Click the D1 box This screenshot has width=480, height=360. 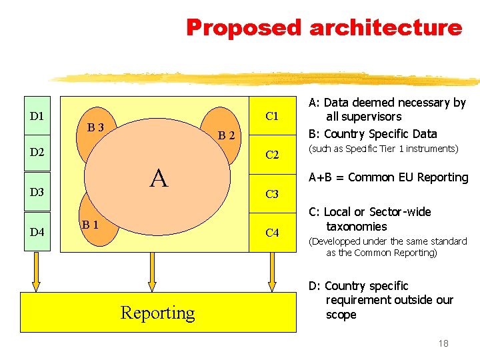pos(37,117)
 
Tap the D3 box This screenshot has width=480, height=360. pos(37,193)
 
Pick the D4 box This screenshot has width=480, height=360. pos(37,232)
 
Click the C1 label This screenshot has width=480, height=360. pos(272,117)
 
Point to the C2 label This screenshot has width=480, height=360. pos(272,155)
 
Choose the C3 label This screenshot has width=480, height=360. pos(272,195)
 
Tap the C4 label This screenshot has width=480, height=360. pos(272,233)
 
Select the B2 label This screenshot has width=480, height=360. pos(227,137)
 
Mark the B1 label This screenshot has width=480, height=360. pos(91,225)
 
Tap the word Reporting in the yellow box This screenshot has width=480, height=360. pos(158,313)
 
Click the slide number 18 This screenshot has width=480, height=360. pos(443,343)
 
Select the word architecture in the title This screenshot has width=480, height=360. pos(385,28)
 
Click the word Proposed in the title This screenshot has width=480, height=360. pos(244,28)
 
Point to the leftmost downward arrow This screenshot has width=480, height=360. pos(36,273)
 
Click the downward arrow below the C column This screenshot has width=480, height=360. pos(271,273)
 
